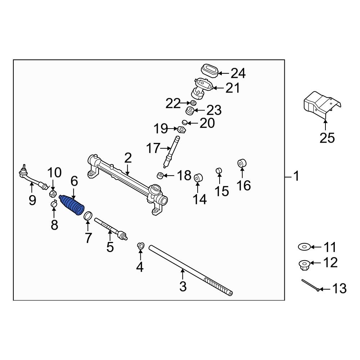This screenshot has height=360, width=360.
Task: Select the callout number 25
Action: coord(327,138)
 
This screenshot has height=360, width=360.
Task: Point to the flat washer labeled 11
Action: coord(304,247)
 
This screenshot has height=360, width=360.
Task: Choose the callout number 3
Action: coord(183,287)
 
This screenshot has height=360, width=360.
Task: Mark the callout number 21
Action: coord(232,88)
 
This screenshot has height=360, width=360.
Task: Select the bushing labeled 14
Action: coord(198,178)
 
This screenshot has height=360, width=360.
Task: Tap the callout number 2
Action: coord(128,158)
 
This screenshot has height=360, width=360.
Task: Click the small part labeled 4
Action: coord(140,246)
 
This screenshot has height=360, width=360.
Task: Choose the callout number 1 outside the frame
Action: coord(296,176)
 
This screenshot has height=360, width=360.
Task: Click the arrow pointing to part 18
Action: coord(169,176)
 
